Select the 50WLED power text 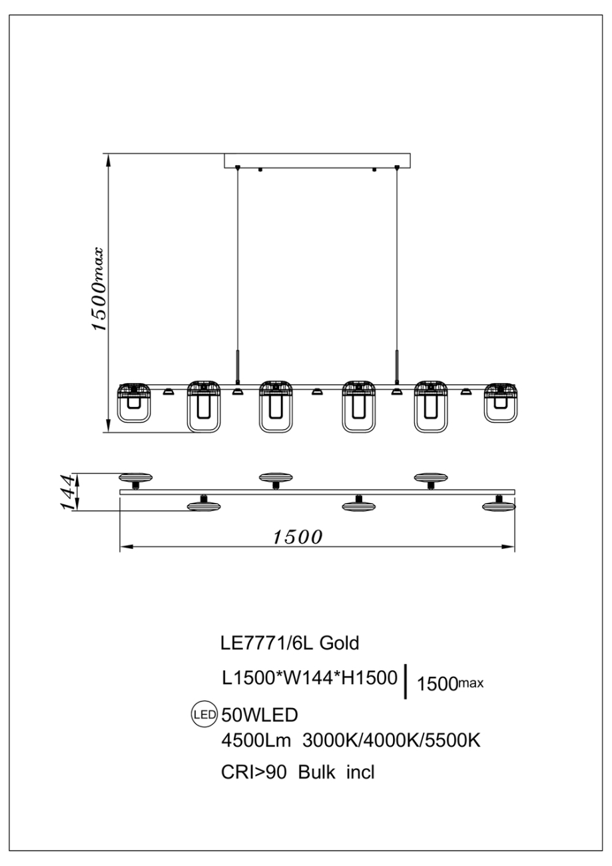pos(259,715)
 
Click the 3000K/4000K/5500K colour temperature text pos(392,741)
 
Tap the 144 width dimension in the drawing pos(68,492)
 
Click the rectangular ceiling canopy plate pos(317,161)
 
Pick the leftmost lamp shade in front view pos(135,403)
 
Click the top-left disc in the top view pos(136,477)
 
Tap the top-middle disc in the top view pos(276,477)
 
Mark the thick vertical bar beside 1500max pos(406,683)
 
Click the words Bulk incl pos(337,773)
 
